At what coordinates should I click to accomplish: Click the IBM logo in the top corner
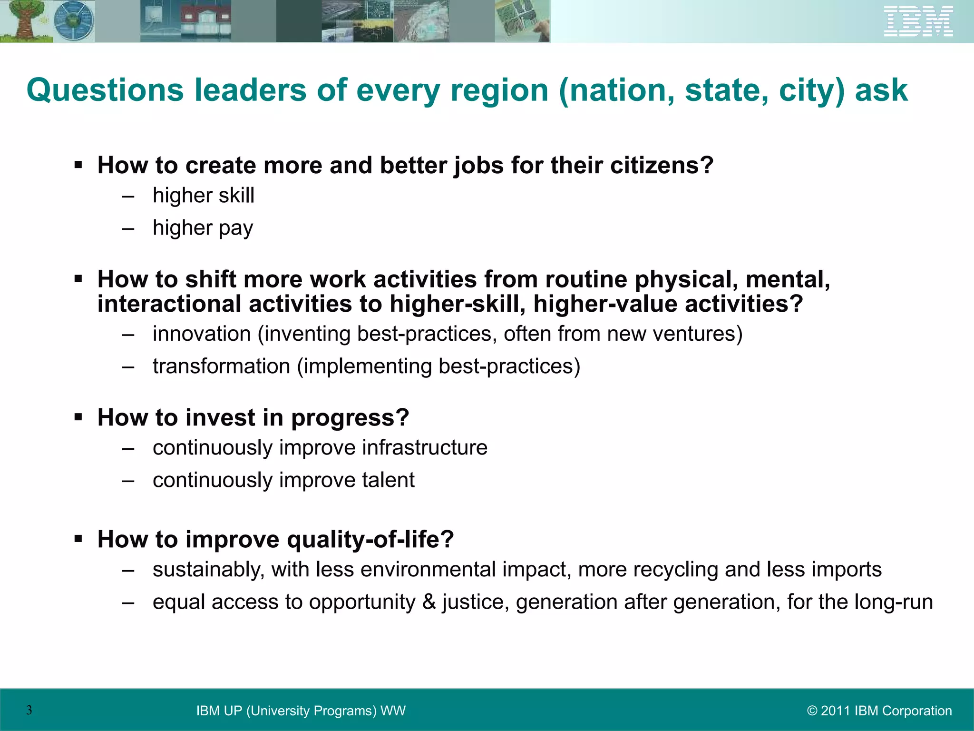point(918,21)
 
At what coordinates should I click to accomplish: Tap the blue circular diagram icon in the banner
point(73,21)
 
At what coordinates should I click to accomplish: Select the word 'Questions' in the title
point(105,90)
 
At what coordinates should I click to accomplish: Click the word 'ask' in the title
point(881,90)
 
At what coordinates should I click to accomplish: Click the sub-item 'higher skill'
point(204,196)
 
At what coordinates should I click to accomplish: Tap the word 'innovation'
point(202,334)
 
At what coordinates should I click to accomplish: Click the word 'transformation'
point(221,366)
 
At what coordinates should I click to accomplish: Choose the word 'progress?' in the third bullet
point(350,418)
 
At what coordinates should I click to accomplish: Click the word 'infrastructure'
point(424,448)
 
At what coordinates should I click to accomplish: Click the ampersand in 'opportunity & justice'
point(429,602)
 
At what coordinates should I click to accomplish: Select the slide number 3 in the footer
point(29,710)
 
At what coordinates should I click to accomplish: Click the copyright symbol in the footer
point(812,711)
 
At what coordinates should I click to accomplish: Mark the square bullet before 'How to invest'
point(78,417)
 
